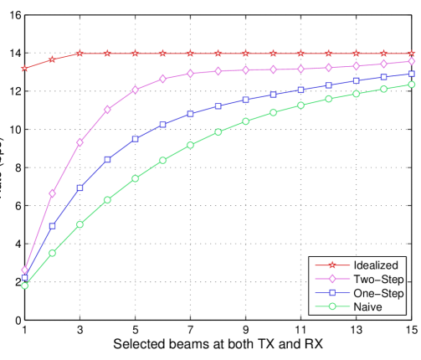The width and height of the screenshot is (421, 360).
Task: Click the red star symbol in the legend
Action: (x=331, y=265)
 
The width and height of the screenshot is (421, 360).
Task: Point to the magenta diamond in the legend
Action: (x=331, y=279)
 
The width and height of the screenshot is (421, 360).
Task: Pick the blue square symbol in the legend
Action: (x=331, y=293)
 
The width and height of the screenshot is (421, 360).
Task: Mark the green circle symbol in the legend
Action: (x=331, y=307)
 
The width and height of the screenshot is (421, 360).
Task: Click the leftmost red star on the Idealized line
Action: (x=25, y=68)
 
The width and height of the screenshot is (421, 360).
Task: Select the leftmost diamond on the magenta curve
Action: (x=25, y=270)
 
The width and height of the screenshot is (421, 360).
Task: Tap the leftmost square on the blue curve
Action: (x=25, y=278)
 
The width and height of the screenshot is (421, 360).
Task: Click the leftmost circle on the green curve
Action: (x=25, y=285)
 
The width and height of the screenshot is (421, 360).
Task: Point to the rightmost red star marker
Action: (x=411, y=54)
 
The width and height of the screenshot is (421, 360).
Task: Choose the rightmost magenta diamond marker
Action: (x=411, y=61)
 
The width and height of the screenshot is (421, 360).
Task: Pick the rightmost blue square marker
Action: (x=411, y=74)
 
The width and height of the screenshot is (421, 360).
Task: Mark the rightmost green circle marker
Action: (x=411, y=85)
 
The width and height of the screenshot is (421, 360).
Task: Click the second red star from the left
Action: (x=53, y=59)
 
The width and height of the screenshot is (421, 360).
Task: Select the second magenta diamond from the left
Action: (x=53, y=193)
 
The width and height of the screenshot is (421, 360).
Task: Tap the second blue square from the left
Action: (x=53, y=226)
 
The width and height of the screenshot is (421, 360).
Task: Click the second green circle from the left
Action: (x=53, y=253)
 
